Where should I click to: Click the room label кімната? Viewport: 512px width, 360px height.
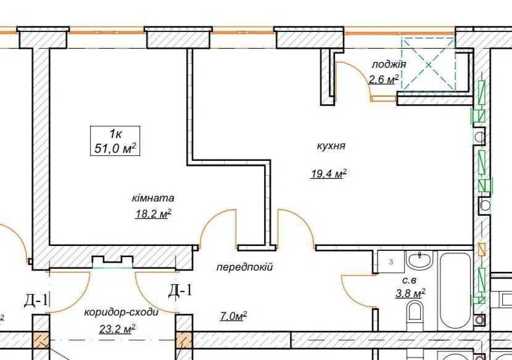pos(153,198)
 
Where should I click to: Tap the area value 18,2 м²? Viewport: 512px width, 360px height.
pos(153,214)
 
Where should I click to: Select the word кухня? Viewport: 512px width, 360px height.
pos(331,146)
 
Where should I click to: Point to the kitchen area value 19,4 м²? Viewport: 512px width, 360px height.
pos(329,174)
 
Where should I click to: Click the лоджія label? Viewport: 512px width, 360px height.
pos(389,64)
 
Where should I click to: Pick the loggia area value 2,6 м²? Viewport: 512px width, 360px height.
pos(384,79)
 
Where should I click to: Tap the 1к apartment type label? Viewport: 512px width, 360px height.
pos(115,134)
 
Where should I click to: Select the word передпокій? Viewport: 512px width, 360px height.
pos(244,268)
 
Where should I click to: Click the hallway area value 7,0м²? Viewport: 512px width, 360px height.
pos(233,316)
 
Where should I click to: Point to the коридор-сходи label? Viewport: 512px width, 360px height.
pos(121,313)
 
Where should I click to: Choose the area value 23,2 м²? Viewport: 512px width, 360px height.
pos(117,329)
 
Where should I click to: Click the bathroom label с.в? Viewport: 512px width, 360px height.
pos(409,280)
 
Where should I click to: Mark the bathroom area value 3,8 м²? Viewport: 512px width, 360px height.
pos(410,293)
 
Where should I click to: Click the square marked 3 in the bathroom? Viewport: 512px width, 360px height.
pos(391,262)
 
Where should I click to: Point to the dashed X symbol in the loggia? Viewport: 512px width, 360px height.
pos(428,64)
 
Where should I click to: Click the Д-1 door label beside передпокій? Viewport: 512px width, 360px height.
pos(180,290)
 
